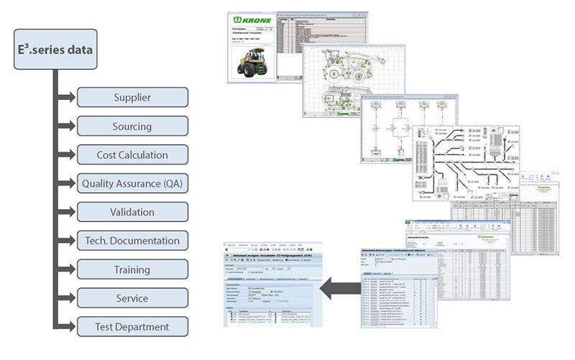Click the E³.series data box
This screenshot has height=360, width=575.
(x=55, y=49)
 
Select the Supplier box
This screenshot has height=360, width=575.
(x=132, y=98)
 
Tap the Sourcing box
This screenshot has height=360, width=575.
(x=132, y=126)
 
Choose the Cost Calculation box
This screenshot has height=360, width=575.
(x=132, y=155)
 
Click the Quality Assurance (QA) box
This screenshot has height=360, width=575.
(x=132, y=184)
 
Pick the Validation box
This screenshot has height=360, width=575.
(x=132, y=213)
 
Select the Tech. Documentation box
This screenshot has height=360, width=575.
(x=132, y=241)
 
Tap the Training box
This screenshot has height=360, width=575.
(x=132, y=269)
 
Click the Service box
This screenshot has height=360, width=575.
(x=132, y=298)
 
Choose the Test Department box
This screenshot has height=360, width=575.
(x=132, y=327)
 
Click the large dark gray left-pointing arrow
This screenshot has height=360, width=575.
(x=337, y=288)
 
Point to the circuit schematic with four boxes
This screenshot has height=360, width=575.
(x=406, y=129)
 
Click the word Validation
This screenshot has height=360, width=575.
(x=132, y=213)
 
